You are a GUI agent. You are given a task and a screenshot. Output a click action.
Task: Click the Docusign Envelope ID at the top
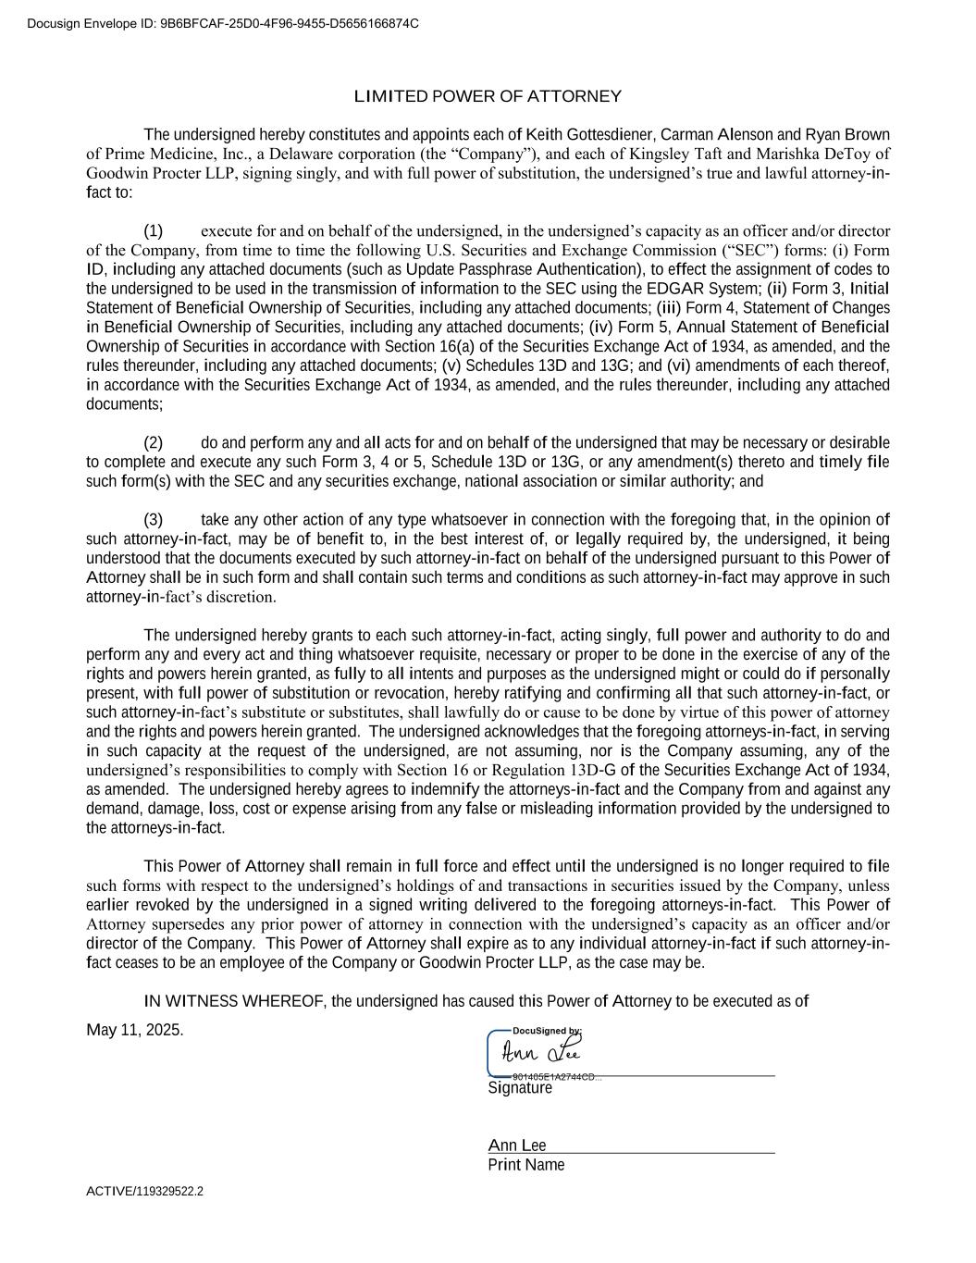click(x=222, y=23)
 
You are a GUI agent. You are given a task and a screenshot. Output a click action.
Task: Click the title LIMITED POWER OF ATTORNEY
click(x=488, y=97)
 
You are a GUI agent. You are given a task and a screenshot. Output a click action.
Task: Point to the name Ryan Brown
click(x=847, y=135)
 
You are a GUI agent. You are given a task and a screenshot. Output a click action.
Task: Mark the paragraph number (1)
click(x=153, y=231)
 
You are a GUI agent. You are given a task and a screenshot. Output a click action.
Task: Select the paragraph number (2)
click(x=153, y=443)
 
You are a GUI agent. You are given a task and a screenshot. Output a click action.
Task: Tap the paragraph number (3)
click(x=153, y=520)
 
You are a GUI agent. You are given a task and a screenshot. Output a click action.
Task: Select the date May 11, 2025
click(x=135, y=1031)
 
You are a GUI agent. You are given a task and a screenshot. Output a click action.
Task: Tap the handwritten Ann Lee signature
click(x=542, y=1053)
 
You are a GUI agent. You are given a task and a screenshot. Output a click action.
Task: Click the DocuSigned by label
click(x=547, y=1031)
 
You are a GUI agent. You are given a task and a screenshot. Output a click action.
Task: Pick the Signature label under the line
click(x=520, y=1089)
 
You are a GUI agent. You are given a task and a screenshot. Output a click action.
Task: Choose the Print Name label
click(x=525, y=1166)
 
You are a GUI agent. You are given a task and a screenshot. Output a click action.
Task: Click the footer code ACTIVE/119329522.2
click(x=145, y=1192)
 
